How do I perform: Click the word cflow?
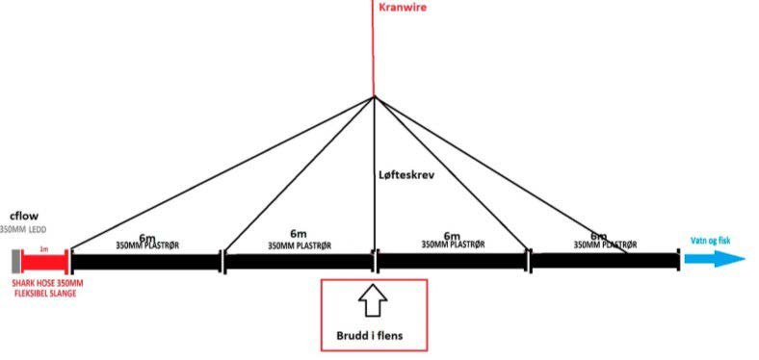click(x=23, y=216)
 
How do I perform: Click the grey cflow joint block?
click(x=16, y=260)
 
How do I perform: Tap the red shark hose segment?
click(x=43, y=260)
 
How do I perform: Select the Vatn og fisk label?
click(x=712, y=242)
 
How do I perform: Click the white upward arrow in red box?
click(x=373, y=304)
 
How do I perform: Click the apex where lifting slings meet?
click(x=374, y=96)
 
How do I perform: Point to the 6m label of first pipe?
click(x=146, y=237)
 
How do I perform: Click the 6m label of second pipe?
click(x=298, y=235)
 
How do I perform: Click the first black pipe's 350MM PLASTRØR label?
click(x=146, y=246)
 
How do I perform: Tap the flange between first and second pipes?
click(x=222, y=260)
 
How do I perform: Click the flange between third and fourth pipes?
click(x=528, y=260)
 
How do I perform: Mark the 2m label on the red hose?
click(x=43, y=248)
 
